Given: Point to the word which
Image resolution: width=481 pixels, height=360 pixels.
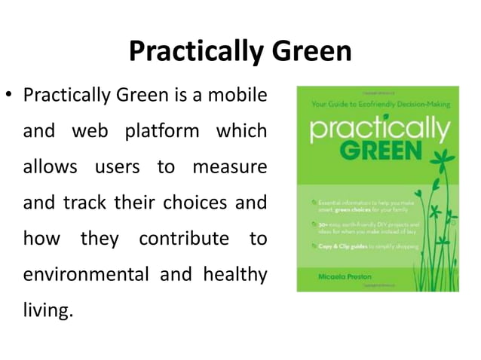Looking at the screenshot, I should point(241,131).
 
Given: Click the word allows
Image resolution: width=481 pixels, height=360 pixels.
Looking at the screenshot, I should point(50,166).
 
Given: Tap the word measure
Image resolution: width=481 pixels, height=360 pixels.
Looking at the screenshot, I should point(230,166).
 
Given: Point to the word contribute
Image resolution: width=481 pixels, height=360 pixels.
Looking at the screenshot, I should point(183,238).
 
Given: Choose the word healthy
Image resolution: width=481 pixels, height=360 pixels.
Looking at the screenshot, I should point(234,273).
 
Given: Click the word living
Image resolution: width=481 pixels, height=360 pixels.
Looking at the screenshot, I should point(47,310).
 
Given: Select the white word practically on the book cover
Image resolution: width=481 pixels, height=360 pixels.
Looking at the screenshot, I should point(376,129).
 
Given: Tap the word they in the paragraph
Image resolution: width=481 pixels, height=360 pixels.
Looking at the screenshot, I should point(100,238).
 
